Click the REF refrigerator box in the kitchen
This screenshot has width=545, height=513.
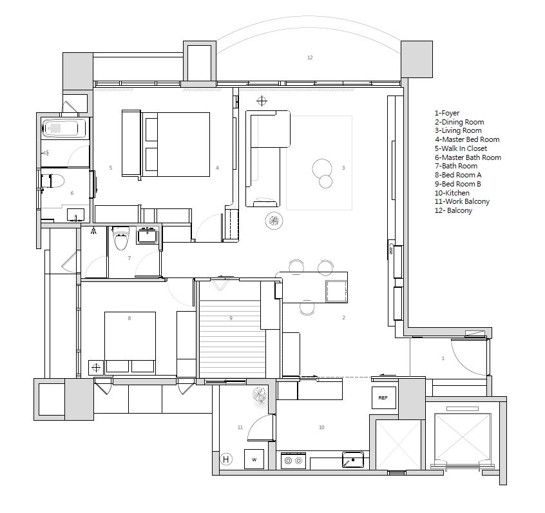tap(384, 397)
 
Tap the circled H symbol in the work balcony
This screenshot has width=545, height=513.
tap(226, 459)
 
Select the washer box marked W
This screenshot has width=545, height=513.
tap(254, 459)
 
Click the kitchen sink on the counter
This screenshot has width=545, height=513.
tap(353, 459)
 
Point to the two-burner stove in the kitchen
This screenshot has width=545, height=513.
tap(293, 461)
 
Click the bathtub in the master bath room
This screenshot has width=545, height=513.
tap(64, 128)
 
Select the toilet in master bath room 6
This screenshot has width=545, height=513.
tap(53, 181)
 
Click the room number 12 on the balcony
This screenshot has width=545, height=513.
tap(310, 57)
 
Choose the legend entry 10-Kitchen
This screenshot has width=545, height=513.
tap(452, 193)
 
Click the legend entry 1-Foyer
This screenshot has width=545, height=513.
tap(447, 113)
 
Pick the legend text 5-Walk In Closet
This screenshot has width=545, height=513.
tap(461, 148)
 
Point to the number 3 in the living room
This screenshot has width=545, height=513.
tap(343, 168)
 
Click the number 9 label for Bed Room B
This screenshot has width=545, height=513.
tap(231, 318)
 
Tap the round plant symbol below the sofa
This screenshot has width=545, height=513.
tap(274, 221)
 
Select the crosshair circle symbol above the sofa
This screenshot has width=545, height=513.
tap(262, 101)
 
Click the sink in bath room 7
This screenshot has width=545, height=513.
tap(148, 236)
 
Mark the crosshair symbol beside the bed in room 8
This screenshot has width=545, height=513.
tap(96, 367)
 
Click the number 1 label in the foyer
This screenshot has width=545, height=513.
tap(443, 358)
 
